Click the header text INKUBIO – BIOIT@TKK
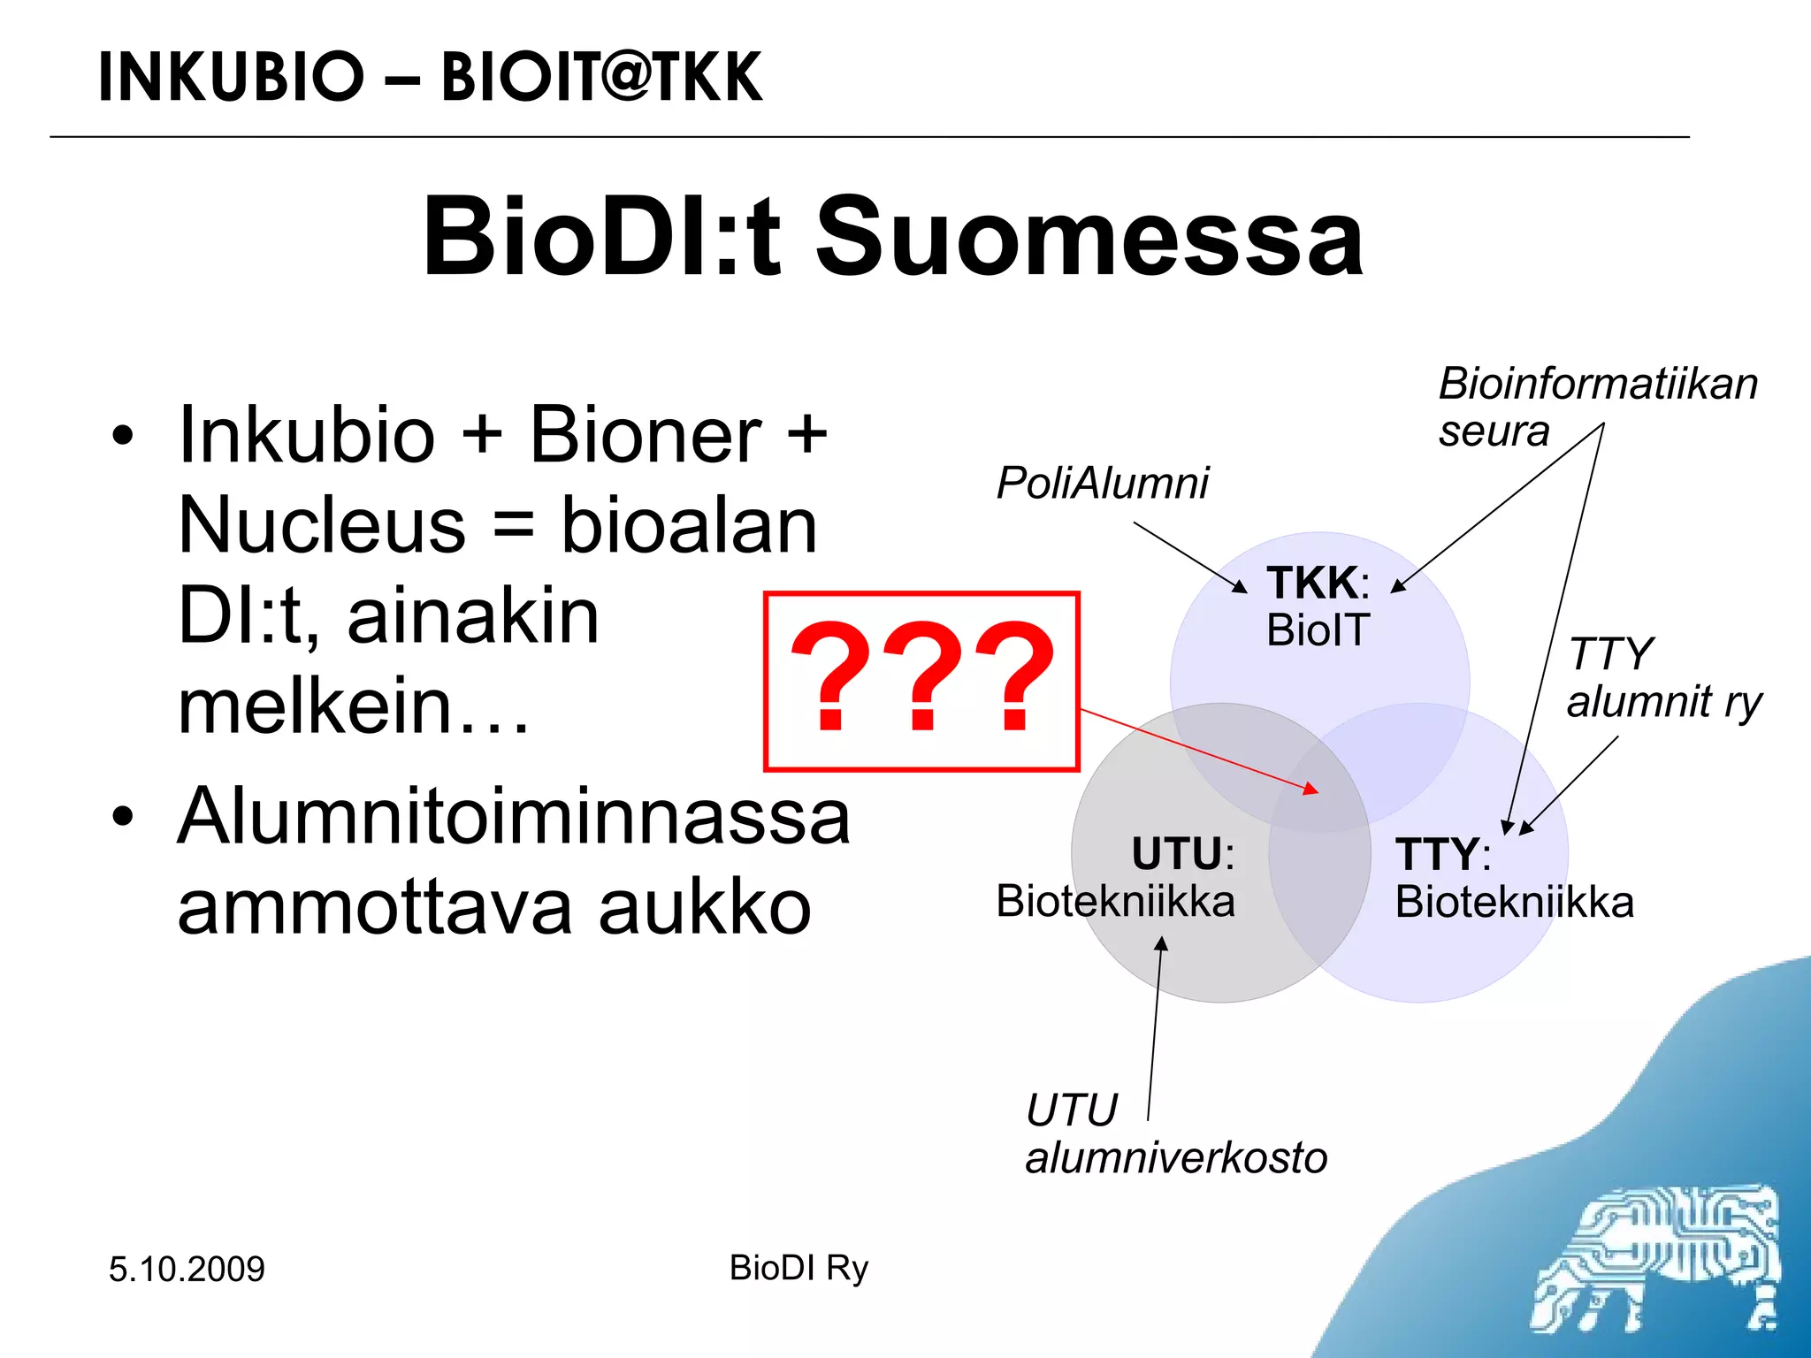click(x=430, y=78)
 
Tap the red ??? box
click(x=921, y=681)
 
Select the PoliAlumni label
click(x=1102, y=484)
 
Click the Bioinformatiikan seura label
click(x=1597, y=407)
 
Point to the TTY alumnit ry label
click(x=1662, y=679)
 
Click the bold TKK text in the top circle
click(x=1311, y=584)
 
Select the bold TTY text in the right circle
click(x=1436, y=855)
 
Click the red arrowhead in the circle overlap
click(x=1312, y=789)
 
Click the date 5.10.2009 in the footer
click(x=187, y=1270)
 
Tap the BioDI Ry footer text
click(x=799, y=1268)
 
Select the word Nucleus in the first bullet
click(x=322, y=527)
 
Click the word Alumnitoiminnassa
click(x=514, y=817)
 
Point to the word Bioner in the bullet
click(x=646, y=436)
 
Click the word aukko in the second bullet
click(x=705, y=908)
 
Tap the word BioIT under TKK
click(x=1318, y=631)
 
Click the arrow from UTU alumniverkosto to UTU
click(x=1156, y=1026)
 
